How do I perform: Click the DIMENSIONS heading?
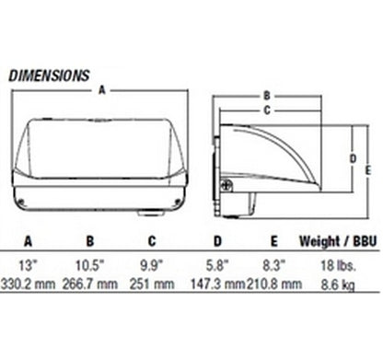pos(49,75)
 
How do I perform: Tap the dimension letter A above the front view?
pos(102,90)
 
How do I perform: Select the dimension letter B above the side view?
pos(267,96)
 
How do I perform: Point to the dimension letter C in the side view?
pos(267,110)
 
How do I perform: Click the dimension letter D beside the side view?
pos(354,158)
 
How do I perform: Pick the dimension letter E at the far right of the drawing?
pos(368,170)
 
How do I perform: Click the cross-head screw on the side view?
pos(226,186)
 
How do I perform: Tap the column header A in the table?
pos(28,241)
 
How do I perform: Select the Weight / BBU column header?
pos(338,241)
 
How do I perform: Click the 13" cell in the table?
pos(26,265)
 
